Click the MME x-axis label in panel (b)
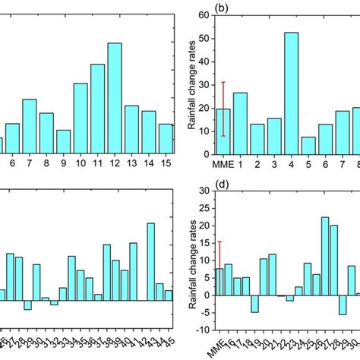223,163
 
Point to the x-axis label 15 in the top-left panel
166,163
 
